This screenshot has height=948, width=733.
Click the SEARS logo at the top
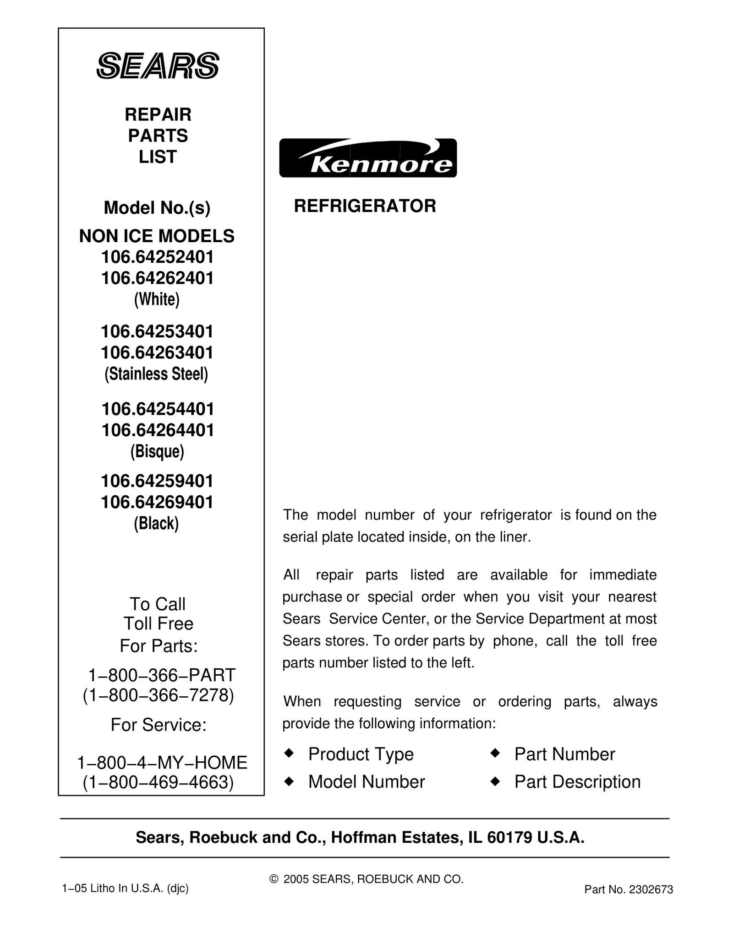158,66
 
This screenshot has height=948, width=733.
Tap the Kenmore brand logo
368,158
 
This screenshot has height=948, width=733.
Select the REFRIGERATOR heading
365,206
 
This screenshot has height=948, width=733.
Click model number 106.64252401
158,257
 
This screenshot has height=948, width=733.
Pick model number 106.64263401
157,352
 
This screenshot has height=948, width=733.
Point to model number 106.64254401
158,409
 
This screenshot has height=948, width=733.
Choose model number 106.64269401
157,502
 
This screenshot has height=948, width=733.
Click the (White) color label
157,299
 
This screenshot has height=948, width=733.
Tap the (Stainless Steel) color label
156,374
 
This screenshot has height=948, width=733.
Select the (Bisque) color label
157,452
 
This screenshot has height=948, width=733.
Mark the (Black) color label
156,523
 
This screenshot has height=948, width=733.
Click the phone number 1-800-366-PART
162,675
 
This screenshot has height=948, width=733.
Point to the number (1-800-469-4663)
158,782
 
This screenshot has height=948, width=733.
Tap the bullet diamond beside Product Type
289,753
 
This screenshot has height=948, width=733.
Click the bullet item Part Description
577,782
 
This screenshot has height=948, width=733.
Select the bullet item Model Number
366,782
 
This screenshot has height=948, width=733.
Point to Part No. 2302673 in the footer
629,889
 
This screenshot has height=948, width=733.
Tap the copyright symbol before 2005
274,879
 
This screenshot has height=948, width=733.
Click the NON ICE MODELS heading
157,236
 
